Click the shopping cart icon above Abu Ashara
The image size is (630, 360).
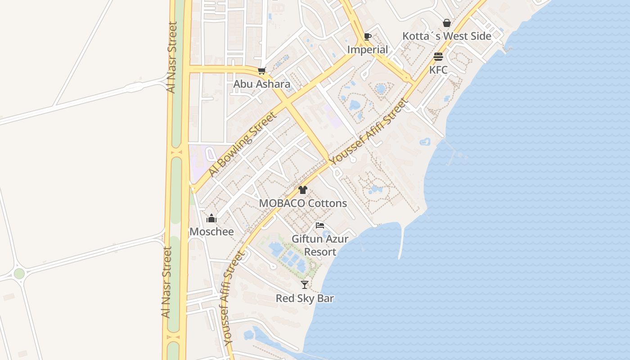[262, 71]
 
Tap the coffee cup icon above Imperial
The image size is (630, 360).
[367, 36]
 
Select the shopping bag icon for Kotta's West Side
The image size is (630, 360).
[447, 22]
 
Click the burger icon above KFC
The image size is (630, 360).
[438, 57]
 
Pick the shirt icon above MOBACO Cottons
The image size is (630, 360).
[303, 190]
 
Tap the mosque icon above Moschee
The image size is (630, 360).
[211, 219]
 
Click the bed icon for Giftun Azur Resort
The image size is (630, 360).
[320, 225]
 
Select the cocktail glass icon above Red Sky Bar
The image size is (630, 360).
[305, 284]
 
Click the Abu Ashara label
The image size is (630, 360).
[261, 84]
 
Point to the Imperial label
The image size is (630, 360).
[367, 49]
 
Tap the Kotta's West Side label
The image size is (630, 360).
[446, 36]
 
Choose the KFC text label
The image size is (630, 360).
[438, 70]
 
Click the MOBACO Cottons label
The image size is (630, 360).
[303, 203]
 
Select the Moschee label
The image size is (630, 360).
[211, 232]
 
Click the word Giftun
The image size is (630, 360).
[307, 239]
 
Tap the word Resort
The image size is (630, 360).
[320, 252]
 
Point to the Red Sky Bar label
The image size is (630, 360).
[305, 298]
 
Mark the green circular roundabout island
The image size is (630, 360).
[19, 274]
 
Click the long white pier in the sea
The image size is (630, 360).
[400, 243]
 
